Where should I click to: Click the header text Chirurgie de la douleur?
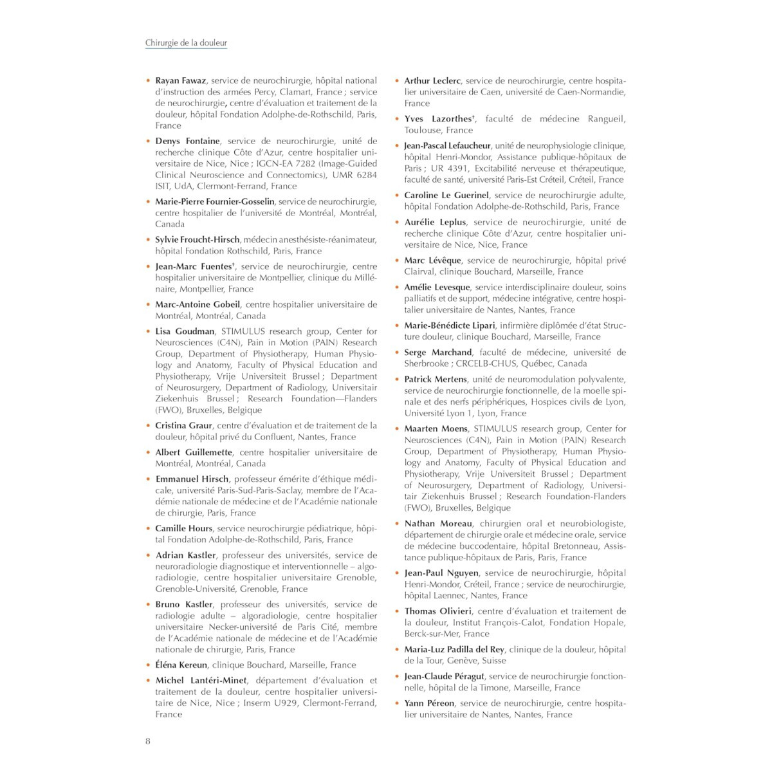186,43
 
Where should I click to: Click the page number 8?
148,740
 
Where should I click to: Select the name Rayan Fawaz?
180,80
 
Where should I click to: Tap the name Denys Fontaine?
187,141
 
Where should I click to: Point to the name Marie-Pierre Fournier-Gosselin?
215,201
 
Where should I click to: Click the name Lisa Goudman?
185,331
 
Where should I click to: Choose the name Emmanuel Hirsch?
192,479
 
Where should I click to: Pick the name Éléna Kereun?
181,665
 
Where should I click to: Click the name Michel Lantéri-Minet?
201,681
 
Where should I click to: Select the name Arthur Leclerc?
432,81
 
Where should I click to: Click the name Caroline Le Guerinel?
446,196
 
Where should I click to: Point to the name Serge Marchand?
438,353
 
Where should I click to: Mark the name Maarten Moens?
436,429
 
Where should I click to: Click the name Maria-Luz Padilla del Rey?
454,650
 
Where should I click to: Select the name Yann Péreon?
429,703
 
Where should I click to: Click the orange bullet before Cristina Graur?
148,426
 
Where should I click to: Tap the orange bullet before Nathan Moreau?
397,524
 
